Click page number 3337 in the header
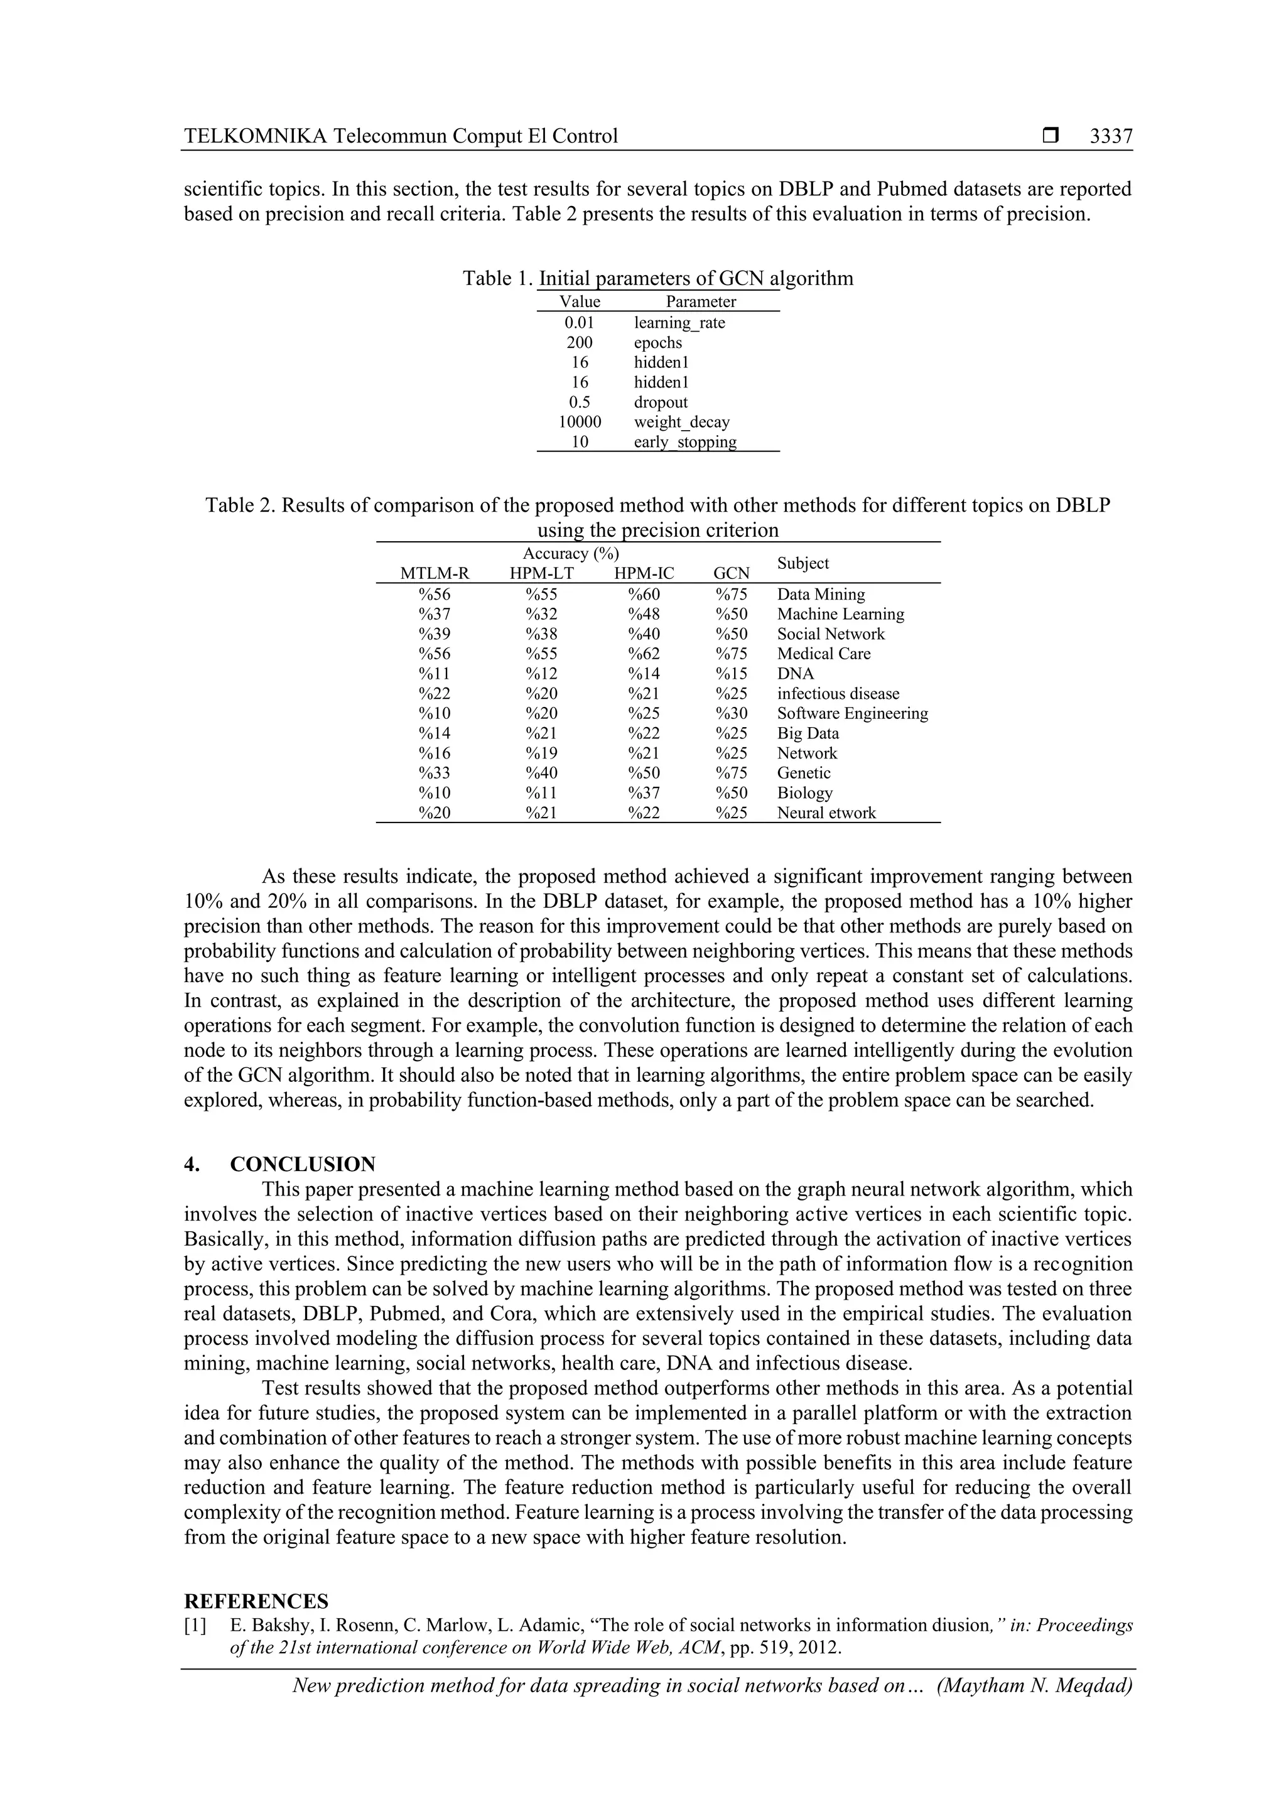[1110, 136]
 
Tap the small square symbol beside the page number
[1051, 136]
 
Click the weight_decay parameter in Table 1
[681, 423]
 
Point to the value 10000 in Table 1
[580, 423]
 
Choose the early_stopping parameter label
[684, 442]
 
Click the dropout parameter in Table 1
[661, 402]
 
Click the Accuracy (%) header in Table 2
[571, 554]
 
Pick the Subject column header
[802, 563]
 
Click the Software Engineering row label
[852, 714]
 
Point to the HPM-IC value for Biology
[644, 793]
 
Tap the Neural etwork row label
[826, 813]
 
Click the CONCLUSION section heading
[302, 1165]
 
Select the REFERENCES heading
[256, 1601]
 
